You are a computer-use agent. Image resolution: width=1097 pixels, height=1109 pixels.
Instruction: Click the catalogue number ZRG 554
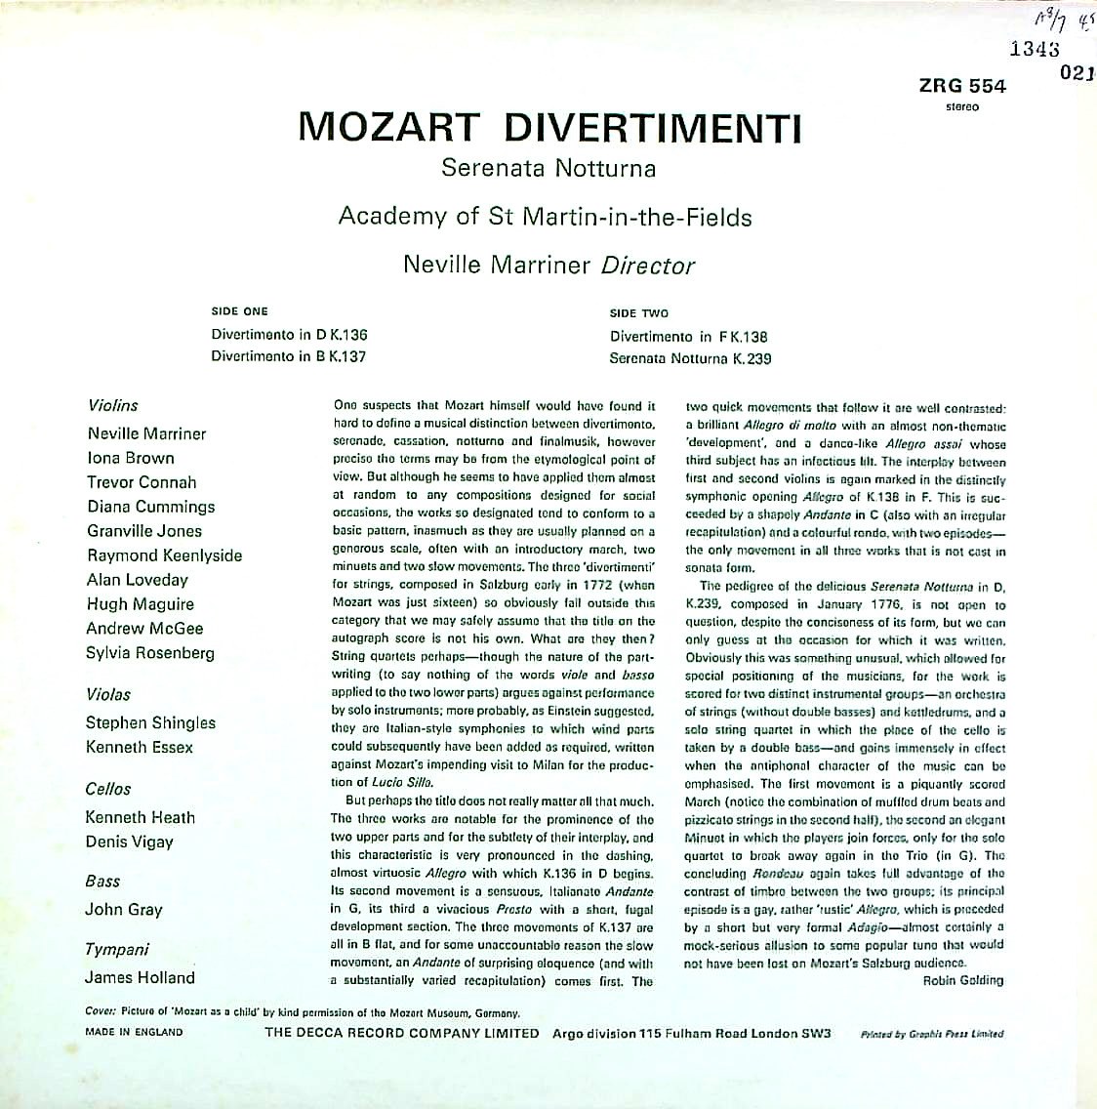[x=961, y=86]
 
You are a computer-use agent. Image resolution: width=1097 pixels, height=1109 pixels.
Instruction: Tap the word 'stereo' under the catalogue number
[x=962, y=106]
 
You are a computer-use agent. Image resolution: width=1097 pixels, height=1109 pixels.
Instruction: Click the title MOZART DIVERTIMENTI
[x=549, y=127]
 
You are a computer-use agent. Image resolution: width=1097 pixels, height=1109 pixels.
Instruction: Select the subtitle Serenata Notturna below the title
[x=548, y=168]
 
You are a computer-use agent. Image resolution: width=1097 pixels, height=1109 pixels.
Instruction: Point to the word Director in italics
[x=648, y=265]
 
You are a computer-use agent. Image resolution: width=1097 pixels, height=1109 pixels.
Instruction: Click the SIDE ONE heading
[x=239, y=311]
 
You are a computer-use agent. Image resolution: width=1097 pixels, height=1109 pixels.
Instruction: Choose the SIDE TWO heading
[x=639, y=313]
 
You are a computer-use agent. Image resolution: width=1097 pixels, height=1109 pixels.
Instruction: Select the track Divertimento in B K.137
[x=288, y=356]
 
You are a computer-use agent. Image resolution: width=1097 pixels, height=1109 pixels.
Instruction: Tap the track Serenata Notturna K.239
[x=690, y=358]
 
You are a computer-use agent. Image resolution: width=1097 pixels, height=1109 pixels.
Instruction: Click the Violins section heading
[x=113, y=405]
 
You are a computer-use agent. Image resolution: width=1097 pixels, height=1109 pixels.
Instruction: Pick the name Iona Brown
[x=131, y=458]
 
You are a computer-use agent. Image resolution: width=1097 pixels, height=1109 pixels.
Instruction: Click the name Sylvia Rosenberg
[x=150, y=653]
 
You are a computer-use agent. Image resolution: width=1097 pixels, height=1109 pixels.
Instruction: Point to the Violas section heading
[x=108, y=695]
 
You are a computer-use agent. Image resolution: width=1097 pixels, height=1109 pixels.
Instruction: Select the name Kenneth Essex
[x=140, y=748]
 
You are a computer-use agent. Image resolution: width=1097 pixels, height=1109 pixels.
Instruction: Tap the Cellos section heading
[x=108, y=789]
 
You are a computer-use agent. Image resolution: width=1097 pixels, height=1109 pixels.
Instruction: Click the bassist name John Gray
[x=124, y=910]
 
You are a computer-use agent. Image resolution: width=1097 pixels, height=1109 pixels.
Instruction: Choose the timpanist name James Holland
[x=140, y=977]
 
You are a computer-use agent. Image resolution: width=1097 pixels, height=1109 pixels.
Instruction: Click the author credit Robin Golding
[x=962, y=980]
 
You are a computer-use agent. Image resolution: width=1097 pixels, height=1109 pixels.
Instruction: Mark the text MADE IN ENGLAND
[x=134, y=1032]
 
